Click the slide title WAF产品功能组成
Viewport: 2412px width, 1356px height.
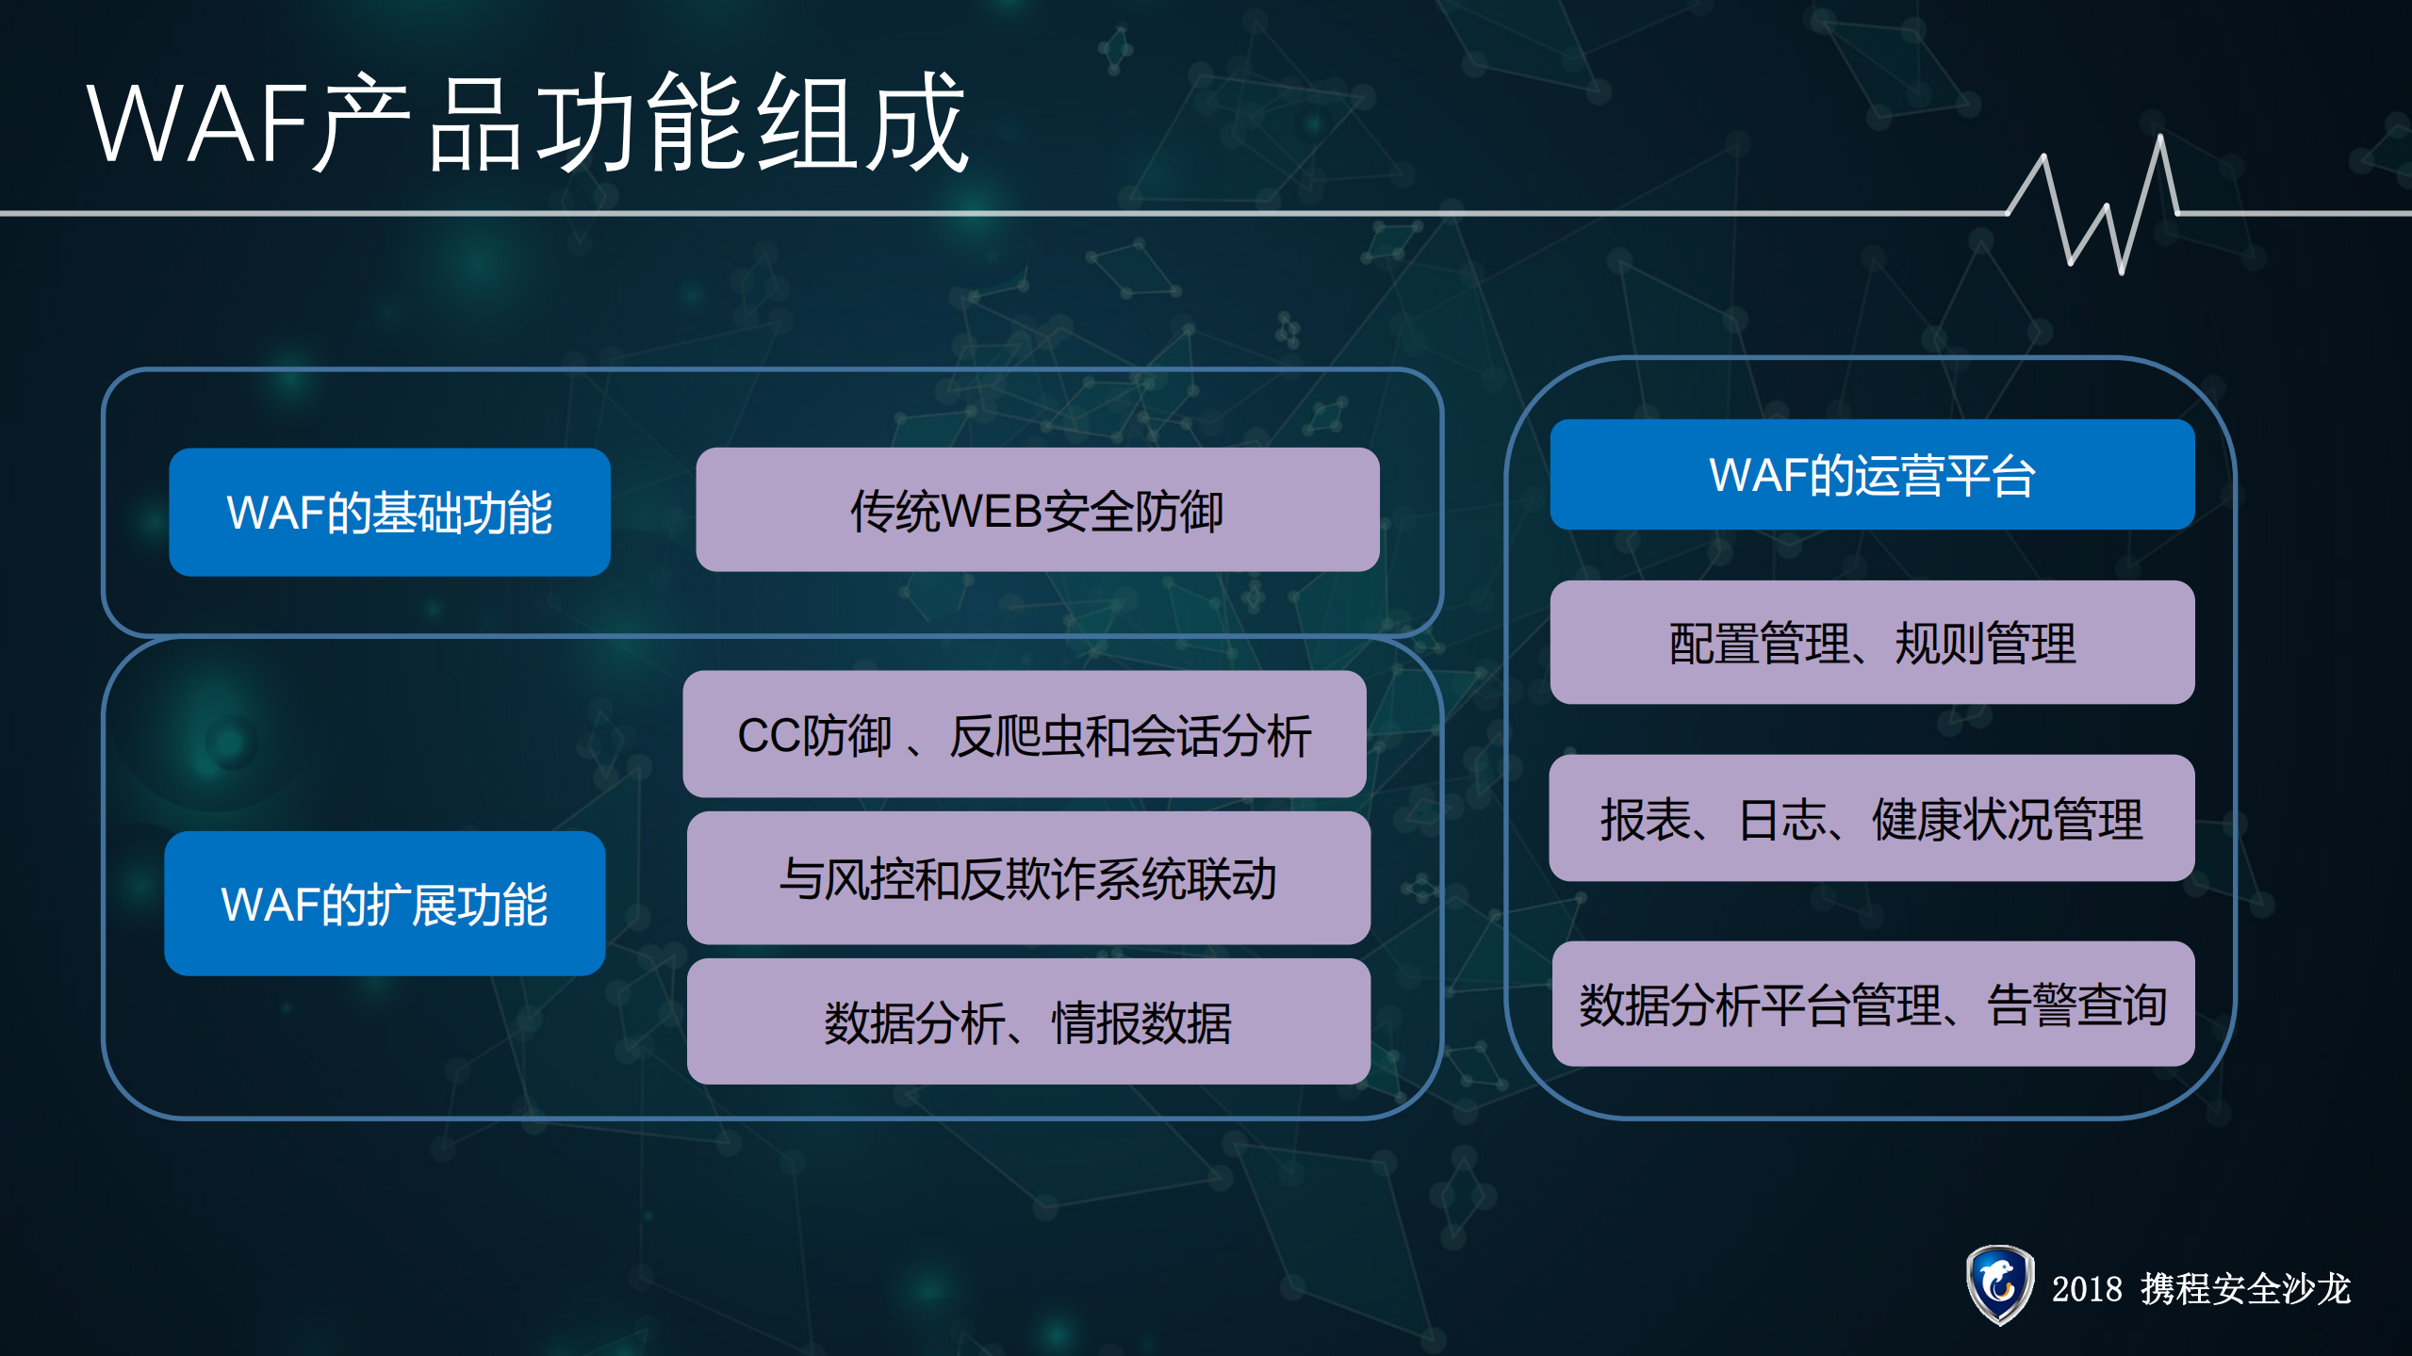528,123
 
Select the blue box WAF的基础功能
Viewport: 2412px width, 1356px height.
389,513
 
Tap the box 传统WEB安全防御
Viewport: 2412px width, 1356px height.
1037,511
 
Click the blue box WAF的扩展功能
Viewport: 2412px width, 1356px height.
385,904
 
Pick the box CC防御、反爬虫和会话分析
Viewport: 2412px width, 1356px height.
1025,735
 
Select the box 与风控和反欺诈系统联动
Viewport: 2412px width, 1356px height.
1028,878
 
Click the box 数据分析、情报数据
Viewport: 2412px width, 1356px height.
1028,1022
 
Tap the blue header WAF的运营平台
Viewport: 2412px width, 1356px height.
1872,475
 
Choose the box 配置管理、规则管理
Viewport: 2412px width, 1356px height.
1872,643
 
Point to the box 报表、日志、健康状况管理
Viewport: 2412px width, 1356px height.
1872,818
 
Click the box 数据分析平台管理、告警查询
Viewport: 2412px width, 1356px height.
1873,1004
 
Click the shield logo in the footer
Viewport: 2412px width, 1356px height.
1999,1285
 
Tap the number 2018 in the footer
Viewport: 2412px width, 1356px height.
2087,1289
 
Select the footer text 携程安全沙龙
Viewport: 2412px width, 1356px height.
2246,1289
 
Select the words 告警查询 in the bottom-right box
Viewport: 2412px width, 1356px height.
2076,1005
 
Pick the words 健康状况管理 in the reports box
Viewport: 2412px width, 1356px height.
2007,819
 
